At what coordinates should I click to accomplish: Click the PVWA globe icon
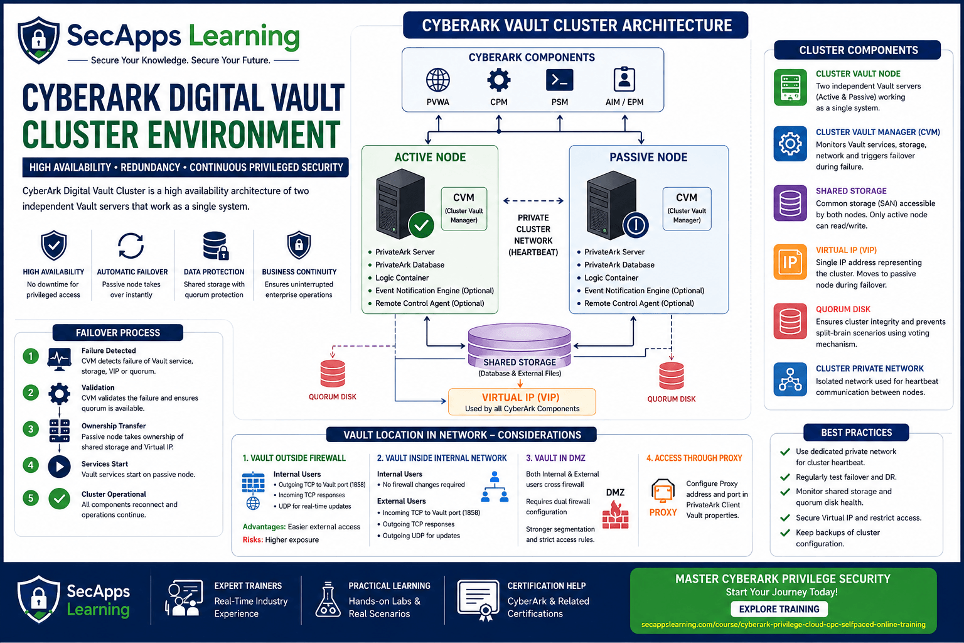pyautogui.click(x=437, y=80)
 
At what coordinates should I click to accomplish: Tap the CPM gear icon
pyautogui.click(x=499, y=80)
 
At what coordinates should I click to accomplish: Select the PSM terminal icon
pyautogui.click(x=559, y=80)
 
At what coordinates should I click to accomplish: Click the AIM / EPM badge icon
pyautogui.click(x=624, y=79)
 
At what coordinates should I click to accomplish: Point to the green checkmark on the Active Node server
pyautogui.click(x=421, y=225)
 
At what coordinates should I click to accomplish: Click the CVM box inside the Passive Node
pyautogui.click(x=687, y=209)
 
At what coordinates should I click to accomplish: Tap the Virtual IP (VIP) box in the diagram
pyautogui.click(x=522, y=402)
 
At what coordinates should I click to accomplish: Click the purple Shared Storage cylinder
pyautogui.click(x=520, y=345)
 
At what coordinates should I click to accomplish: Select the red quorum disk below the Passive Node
pyautogui.click(x=672, y=376)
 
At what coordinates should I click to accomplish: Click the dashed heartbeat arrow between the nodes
pyautogui.click(x=533, y=201)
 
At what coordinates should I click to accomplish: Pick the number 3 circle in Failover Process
pyautogui.click(x=31, y=429)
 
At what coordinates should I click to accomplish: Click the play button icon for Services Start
pyautogui.click(x=60, y=467)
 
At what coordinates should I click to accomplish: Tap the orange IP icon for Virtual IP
pyautogui.click(x=790, y=262)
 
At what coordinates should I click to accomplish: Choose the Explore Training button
pyautogui.click(x=779, y=609)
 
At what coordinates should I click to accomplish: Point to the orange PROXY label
pyautogui.click(x=663, y=512)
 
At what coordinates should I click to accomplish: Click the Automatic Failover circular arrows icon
pyautogui.click(x=131, y=246)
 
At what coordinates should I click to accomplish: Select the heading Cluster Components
pyautogui.click(x=859, y=50)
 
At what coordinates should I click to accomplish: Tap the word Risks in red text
pyautogui.click(x=253, y=539)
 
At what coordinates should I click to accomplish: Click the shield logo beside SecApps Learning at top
pyautogui.click(x=39, y=40)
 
